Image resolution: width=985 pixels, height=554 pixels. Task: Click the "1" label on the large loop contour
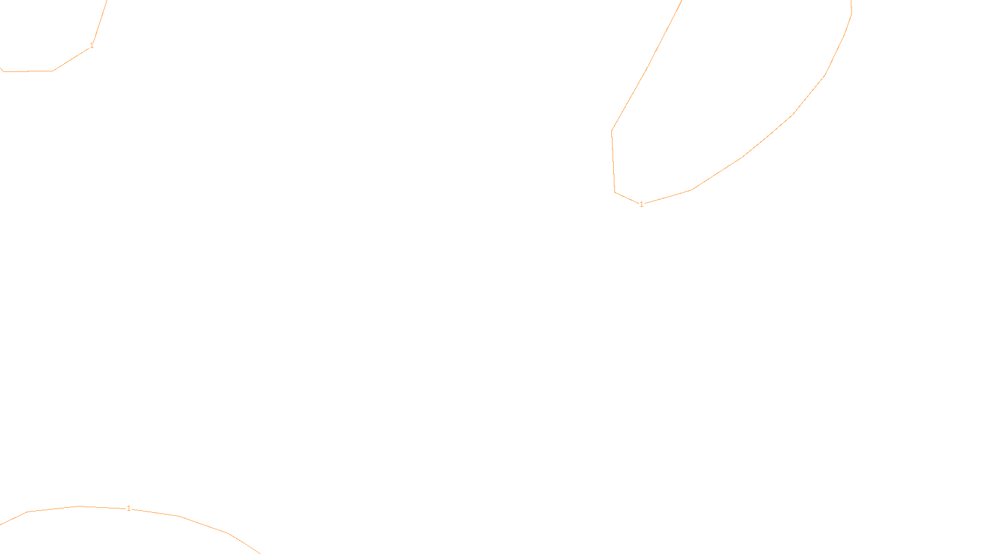point(641,204)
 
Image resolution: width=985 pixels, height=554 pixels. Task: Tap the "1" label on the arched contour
point(129,508)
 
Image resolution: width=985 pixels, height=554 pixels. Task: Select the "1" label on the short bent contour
point(92,46)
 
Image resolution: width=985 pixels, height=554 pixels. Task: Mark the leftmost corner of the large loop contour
point(611,130)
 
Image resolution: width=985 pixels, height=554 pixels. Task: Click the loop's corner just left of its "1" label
point(616,192)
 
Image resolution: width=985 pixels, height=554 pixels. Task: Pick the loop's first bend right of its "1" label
point(692,190)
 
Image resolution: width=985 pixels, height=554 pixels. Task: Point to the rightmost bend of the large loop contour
point(851,14)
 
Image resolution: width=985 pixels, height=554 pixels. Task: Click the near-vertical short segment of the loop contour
point(613,161)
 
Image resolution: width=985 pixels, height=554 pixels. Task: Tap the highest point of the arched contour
point(80,506)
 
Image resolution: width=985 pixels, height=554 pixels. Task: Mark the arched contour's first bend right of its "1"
point(179,516)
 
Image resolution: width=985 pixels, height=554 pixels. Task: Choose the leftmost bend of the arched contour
point(28,512)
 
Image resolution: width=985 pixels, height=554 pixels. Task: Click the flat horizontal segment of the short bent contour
point(28,71)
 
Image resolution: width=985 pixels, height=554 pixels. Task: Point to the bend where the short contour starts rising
point(53,71)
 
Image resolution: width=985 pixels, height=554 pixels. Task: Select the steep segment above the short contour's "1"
point(100,22)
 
